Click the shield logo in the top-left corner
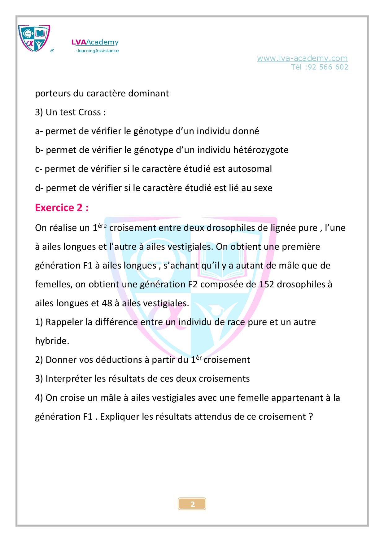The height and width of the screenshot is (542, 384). [x=34, y=38]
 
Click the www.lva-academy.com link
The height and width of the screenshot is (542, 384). [x=302, y=58]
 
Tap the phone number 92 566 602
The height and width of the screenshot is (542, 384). [x=328, y=67]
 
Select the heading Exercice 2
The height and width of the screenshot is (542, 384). [x=62, y=208]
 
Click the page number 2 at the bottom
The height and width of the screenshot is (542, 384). [x=192, y=504]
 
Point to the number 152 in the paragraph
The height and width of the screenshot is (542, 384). [x=266, y=284]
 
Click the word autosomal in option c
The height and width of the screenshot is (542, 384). [x=250, y=169]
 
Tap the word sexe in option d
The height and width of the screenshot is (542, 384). [x=263, y=188]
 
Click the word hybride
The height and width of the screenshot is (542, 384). [x=52, y=341]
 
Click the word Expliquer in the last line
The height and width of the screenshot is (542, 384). [x=120, y=417]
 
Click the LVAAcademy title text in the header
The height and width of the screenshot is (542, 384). [x=95, y=42]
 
